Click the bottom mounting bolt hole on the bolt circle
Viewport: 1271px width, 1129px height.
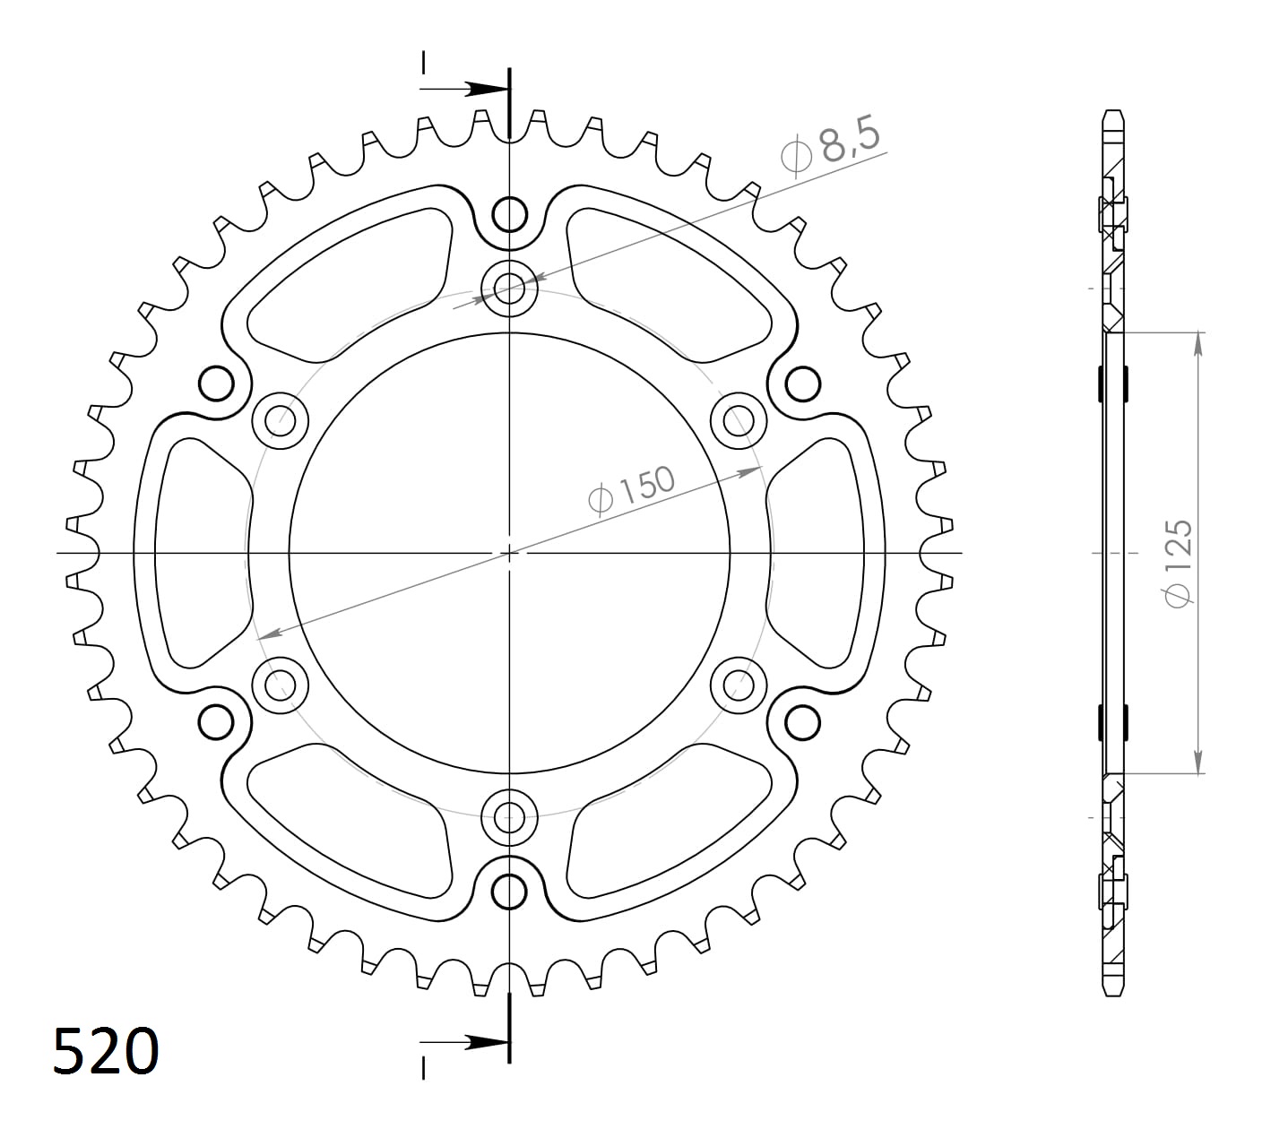[509, 815]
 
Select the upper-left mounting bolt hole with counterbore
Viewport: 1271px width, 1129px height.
[281, 418]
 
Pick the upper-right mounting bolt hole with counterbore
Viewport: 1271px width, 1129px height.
[739, 418]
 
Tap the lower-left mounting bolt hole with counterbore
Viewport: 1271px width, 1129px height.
[281, 685]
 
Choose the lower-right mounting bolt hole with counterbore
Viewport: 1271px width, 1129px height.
[739, 685]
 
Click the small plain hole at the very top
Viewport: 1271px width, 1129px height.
[509, 214]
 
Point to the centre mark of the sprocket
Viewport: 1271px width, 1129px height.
[509, 553]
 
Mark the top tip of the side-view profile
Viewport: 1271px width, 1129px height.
[1111, 112]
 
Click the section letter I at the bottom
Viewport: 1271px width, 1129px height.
[424, 1067]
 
